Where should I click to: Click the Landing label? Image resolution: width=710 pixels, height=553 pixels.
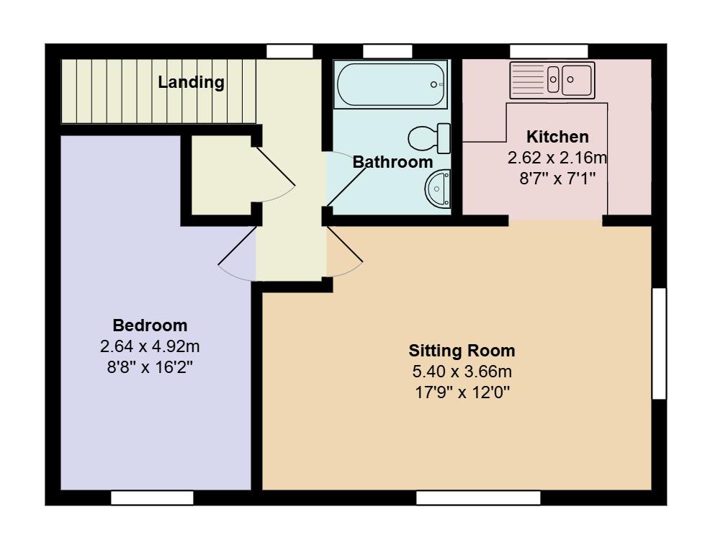pyautogui.click(x=191, y=82)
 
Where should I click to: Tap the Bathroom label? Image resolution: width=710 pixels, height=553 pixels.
pyautogui.click(x=392, y=162)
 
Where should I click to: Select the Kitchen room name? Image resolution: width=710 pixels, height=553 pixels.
pyautogui.click(x=557, y=136)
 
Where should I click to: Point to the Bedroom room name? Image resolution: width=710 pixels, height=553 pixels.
pyautogui.click(x=150, y=325)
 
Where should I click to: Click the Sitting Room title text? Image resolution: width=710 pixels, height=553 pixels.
pyautogui.click(x=462, y=351)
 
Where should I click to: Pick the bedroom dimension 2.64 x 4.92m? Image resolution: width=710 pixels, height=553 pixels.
pyautogui.click(x=150, y=346)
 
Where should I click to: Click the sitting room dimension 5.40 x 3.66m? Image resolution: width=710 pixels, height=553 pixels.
pyautogui.click(x=462, y=372)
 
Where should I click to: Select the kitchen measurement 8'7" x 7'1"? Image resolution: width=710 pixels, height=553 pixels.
pyautogui.click(x=557, y=179)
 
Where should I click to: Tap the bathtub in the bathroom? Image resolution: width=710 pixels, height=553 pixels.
pyautogui.click(x=391, y=85)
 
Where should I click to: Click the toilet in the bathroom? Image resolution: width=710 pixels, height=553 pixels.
pyautogui.click(x=429, y=138)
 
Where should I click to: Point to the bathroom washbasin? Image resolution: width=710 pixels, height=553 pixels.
pyautogui.click(x=437, y=189)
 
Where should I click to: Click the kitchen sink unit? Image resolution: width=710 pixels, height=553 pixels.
pyautogui.click(x=552, y=80)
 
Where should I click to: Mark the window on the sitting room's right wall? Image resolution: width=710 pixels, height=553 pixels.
pyautogui.click(x=659, y=343)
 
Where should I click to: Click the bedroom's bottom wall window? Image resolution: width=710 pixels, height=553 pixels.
pyautogui.click(x=152, y=498)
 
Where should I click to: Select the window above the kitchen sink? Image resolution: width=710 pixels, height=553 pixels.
pyautogui.click(x=549, y=51)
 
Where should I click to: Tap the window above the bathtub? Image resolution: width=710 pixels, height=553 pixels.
pyautogui.click(x=387, y=51)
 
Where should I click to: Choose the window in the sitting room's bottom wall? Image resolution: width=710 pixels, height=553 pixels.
pyautogui.click(x=478, y=498)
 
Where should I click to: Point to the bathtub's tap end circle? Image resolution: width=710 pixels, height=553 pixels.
pyautogui.click(x=433, y=85)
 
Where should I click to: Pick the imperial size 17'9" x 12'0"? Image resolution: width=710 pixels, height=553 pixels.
pyautogui.click(x=462, y=392)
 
